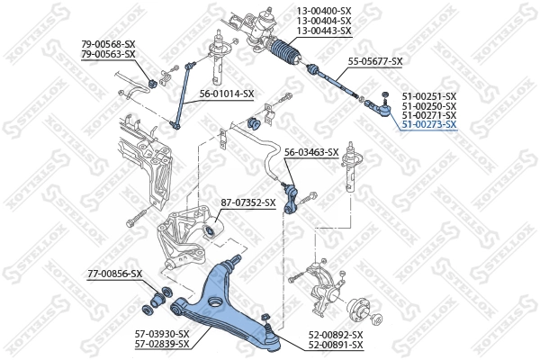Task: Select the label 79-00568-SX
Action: click(108, 44)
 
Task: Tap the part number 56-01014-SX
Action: click(227, 94)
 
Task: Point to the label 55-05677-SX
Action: click(375, 61)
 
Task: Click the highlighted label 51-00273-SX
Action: click(429, 125)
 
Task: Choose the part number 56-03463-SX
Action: click(311, 152)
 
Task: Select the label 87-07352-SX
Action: click(248, 202)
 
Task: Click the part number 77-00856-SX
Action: click(114, 273)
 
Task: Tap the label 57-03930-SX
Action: click(162, 334)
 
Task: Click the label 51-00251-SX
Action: click(429, 95)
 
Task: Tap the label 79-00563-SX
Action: click(108, 54)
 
